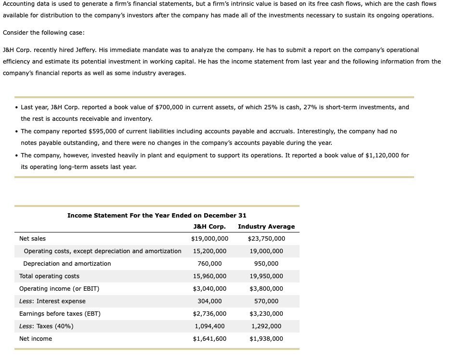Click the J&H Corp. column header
coord(209,227)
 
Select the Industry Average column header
coord(266,227)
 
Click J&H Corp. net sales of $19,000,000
coord(209,239)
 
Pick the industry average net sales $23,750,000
coord(266,239)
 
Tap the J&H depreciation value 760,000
coord(209,264)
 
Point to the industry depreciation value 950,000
coord(266,264)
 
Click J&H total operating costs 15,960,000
coord(209,276)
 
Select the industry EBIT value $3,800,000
coord(266,289)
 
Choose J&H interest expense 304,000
coord(209,301)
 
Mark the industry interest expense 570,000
coord(266,301)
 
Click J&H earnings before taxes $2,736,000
coord(209,314)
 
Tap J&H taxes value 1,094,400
coord(209,326)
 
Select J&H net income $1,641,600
coord(209,339)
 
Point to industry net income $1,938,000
coord(266,339)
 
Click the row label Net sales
coord(33,239)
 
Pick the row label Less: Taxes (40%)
coord(46,326)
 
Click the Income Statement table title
coord(157,216)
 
